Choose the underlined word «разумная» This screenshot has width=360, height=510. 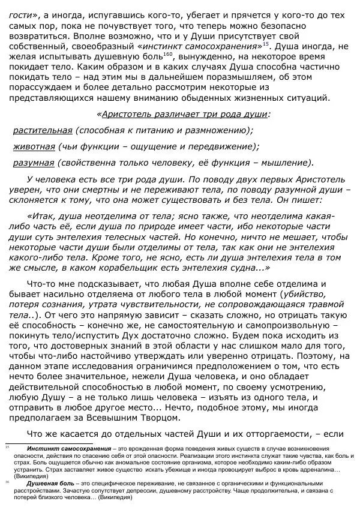[x=33, y=163]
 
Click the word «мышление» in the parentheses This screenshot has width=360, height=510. [x=286, y=163]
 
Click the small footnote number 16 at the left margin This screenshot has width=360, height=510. [x=7, y=482]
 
